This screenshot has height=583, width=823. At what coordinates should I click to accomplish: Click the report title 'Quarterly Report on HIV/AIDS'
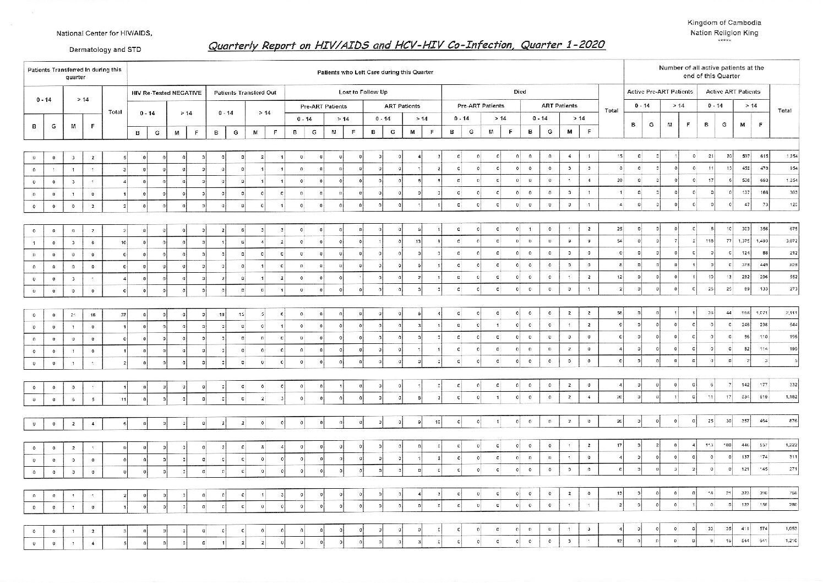(406, 45)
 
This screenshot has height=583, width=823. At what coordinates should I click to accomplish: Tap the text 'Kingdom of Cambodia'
(724, 23)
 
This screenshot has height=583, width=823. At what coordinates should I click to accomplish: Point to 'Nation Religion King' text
(724, 33)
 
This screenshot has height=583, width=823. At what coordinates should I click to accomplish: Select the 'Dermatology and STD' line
(105, 50)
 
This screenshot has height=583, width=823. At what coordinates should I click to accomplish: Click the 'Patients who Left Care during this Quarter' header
(375, 72)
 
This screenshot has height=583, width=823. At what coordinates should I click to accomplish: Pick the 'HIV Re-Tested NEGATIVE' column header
(166, 93)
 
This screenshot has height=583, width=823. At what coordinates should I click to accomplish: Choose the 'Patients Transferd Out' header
(245, 93)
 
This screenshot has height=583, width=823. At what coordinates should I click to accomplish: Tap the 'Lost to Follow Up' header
(363, 92)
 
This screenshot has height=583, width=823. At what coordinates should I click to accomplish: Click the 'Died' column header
(520, 92)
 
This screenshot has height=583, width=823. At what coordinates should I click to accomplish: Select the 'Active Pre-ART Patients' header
(660, 91)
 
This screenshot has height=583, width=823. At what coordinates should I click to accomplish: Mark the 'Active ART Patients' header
(733, 91)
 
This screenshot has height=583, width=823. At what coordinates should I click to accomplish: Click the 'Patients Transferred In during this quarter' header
(74, 73)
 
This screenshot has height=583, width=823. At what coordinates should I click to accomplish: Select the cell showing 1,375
(743, 241)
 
